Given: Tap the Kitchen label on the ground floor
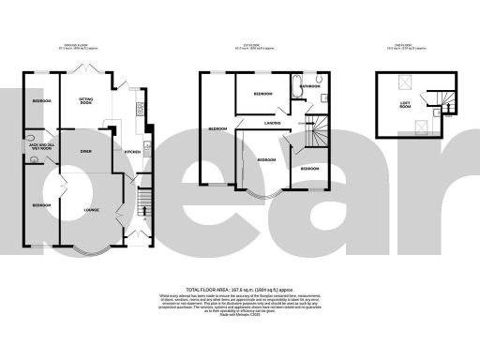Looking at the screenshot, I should (x=132, y=150).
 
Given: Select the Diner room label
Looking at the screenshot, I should (x=84, y=150).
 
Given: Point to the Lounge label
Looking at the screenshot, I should (x=91, y=208).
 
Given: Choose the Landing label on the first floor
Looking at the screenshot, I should (x=275, y=122).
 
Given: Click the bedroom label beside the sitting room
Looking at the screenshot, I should (x=40, y=100).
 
